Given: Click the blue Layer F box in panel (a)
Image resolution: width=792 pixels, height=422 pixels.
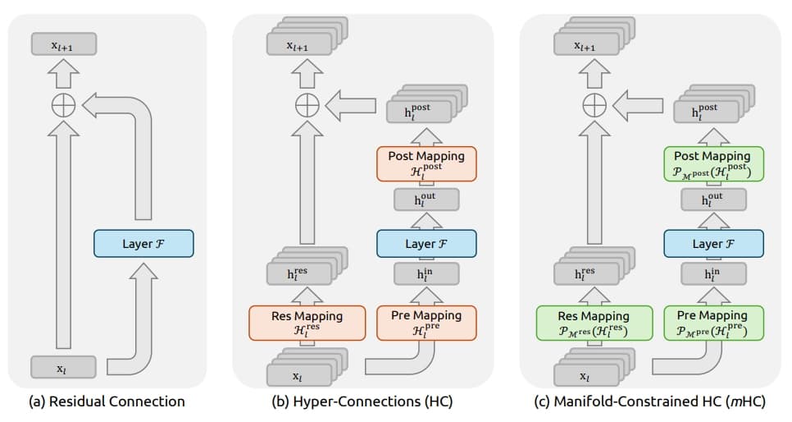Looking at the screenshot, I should click(143, 244).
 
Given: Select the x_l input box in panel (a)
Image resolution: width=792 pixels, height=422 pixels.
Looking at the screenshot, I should click(62, 369).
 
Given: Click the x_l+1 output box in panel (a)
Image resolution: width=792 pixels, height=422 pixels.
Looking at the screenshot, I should click(62, 46).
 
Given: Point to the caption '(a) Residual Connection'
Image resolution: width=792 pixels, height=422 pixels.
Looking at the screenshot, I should click(107, 402).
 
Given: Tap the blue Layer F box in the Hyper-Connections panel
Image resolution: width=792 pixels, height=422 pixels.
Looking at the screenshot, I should click(426, 244).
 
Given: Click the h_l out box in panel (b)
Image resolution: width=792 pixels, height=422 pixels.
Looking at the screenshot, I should click(426, 200).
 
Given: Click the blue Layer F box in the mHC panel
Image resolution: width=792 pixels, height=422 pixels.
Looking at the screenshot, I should click(713, 244).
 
